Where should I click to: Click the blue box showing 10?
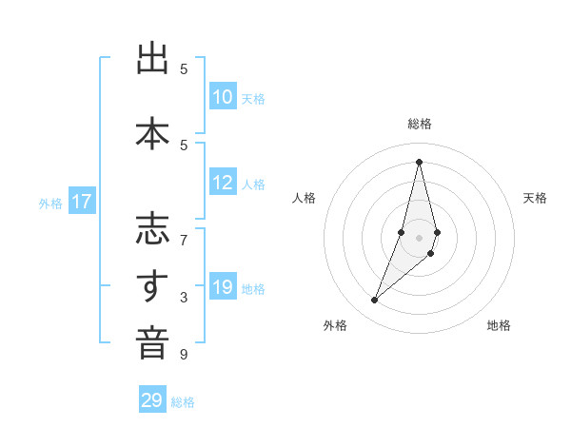(223, 97)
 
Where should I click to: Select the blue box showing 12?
(223, 184)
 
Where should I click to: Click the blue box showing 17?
(82, 202)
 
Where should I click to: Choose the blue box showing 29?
(152, 400)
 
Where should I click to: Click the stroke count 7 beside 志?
(184, 239)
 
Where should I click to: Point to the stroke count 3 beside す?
(184, 298)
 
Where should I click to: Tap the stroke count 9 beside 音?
(184, 355)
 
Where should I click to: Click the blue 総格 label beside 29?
(183, 402)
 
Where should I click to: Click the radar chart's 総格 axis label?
(419, 124)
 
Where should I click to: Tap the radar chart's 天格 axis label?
(535, 198)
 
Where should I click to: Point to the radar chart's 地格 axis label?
(499, 325)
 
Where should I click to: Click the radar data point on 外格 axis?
(374, 301)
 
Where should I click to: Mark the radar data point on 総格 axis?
(419, 162)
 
